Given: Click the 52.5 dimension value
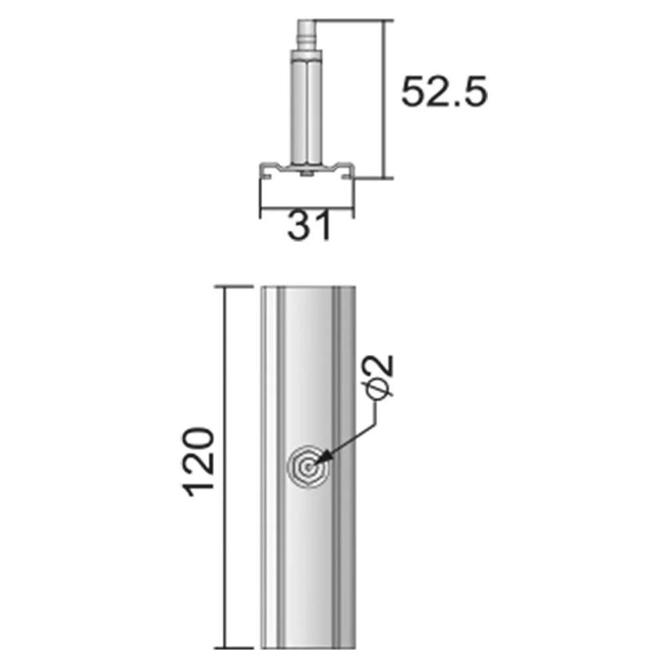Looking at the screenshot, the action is [444, 92].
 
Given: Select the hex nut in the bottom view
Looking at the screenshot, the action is [308, 468].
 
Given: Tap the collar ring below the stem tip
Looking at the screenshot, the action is [305, 55].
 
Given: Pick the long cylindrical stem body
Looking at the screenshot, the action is [305, 111].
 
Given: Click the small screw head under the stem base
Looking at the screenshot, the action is [306, 173].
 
